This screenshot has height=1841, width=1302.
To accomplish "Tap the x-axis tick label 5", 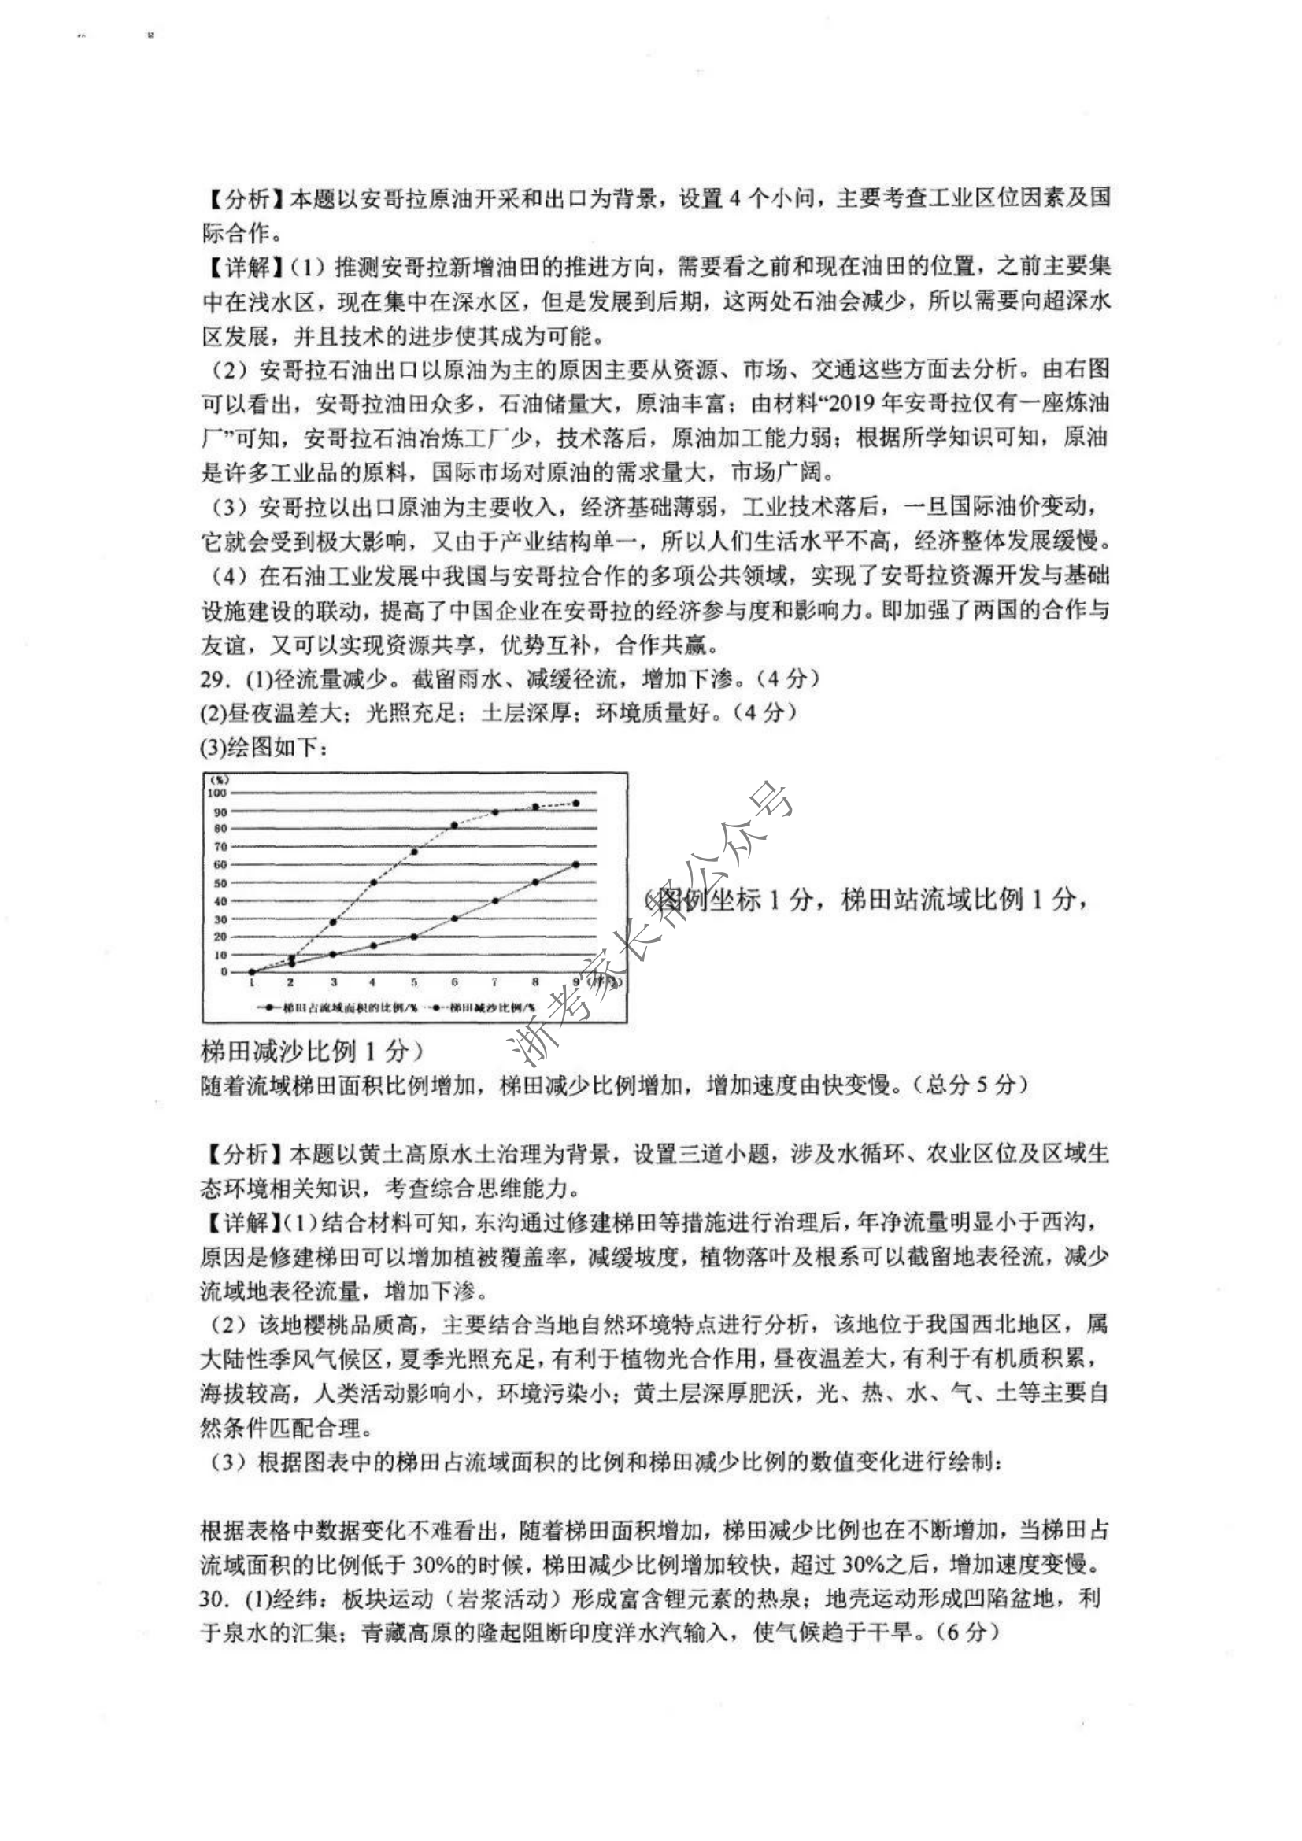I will pyautogui.click(x=415, y=981).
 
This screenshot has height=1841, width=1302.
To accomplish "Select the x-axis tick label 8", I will pyautogui.click(x=535, y=981).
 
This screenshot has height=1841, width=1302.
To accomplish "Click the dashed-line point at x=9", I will pyautogui.click(x=575, y=804).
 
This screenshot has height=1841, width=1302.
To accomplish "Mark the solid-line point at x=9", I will pyautogui.click(x=575, y=864).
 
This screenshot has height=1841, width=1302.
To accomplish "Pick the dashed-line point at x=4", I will pyautogui.click(x=374, y=883).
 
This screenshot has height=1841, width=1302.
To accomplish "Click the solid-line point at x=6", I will pyautogui.click(x=454, y=919).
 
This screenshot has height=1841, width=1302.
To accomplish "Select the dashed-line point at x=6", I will pyautogui.click(x=454, y=825).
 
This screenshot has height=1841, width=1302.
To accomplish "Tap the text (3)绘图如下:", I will pyautogui.click(x=264, y=747).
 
